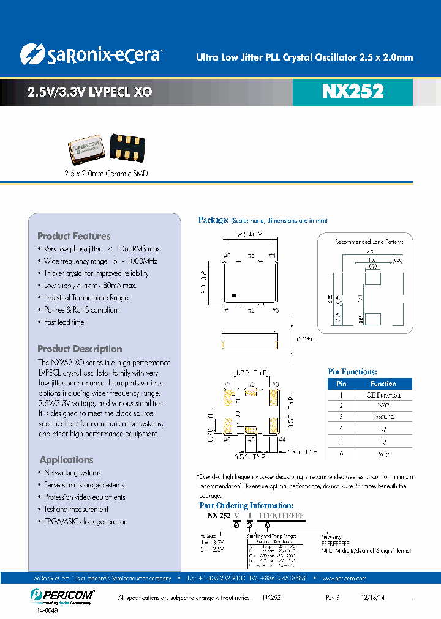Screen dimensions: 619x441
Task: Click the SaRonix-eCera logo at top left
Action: tap(90, 54)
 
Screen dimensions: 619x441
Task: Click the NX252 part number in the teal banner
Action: tap(352, 91)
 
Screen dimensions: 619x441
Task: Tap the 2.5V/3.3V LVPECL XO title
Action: tap(89, 92)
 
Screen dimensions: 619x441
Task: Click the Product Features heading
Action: tap(74, 236)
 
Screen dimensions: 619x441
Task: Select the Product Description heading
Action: tap(80, 349)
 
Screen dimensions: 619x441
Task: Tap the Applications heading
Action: tap(66, 459)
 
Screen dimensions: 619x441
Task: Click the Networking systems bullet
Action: tap(72, 473)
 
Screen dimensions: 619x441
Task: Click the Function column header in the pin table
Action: tap(383, 384)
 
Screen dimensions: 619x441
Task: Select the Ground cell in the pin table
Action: tap(383, 417)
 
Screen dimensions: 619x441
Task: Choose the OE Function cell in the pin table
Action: tap(383, 395)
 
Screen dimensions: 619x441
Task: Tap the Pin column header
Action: tap(342, 384)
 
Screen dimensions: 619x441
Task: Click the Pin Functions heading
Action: tap(353, 371)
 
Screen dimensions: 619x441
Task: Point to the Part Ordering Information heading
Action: tap(246, 506)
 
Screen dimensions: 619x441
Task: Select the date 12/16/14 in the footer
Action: tap(374, 597)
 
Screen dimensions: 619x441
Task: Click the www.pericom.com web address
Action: tap(344, 577)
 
